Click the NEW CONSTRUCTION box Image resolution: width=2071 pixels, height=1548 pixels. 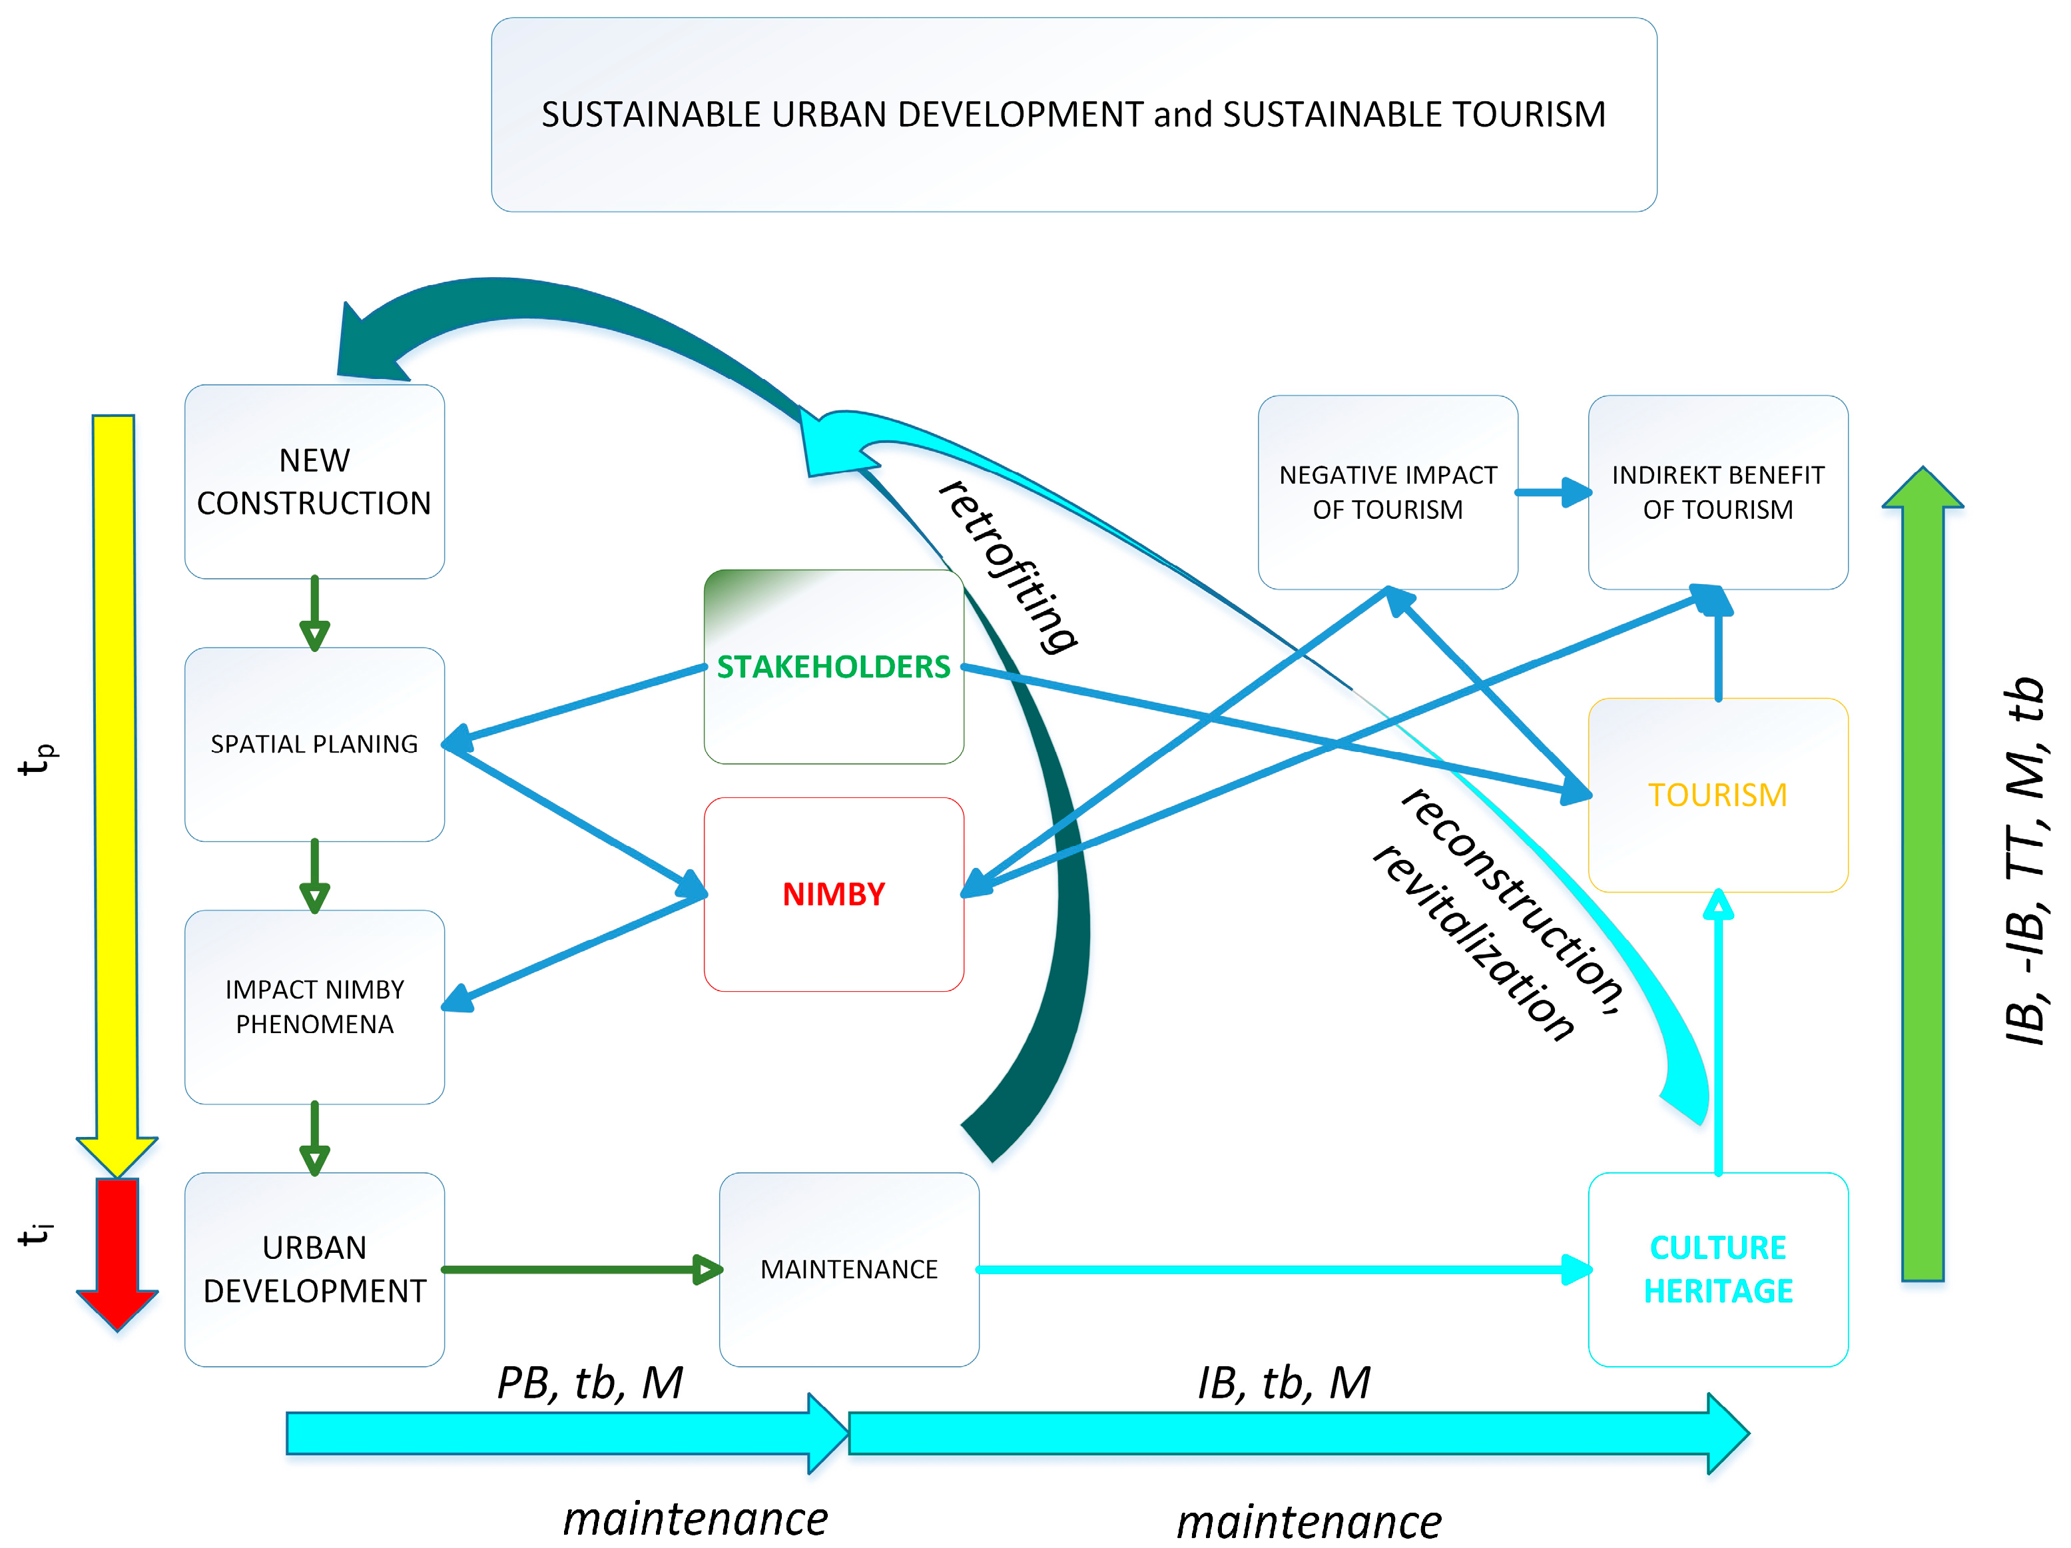coord(314,482)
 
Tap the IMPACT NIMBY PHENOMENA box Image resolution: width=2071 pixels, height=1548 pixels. coord(314,1006)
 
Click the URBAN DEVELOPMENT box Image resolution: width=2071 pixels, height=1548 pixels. coord(314,1269)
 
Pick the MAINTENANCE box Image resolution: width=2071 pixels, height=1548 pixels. coord(848,1269)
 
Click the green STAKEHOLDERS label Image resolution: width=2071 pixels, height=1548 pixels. coord(832,667)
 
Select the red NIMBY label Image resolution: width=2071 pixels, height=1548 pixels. coord(832,895)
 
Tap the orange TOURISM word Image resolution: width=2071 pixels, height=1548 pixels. coord(1717,795)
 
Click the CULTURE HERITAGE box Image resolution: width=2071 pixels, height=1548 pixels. coord(1717,1269)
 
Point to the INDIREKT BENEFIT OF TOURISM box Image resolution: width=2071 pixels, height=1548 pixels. coord(1717,493)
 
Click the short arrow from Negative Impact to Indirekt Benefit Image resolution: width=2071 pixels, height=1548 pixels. coord(1552,493)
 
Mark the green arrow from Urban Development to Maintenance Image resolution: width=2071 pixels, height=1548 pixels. coord(581,1270)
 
